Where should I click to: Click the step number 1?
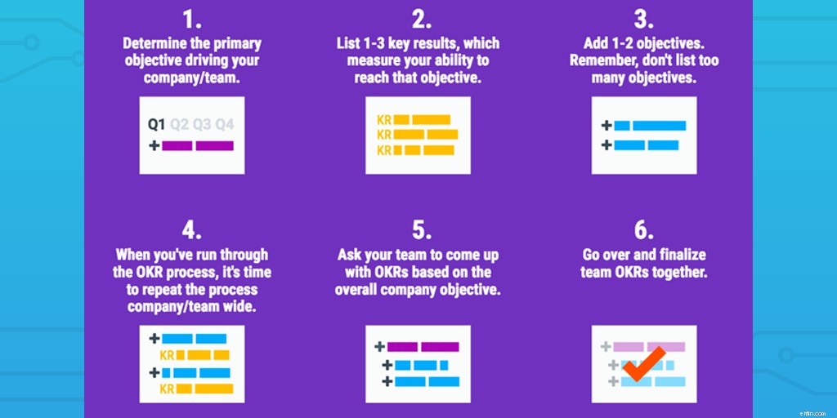click(191, 20)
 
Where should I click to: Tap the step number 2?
click(421, 20)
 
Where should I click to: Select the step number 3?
click(644, 20)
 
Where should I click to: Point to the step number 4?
click(191, 231)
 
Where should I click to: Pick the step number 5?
click(421, 231)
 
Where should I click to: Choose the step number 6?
click(644, 231)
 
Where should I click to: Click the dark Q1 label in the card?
click(157, 125)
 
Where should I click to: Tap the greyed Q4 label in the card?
click(225, 125)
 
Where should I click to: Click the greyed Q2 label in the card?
click(180, 125)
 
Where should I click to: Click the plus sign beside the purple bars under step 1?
click(154, 145)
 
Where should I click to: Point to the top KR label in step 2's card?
click(384, 120)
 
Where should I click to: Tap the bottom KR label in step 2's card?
click(384, 150)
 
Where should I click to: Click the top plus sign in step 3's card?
click(606, 126)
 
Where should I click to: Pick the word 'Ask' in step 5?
click(348, 255)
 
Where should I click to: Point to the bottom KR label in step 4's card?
click(167, 389)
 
